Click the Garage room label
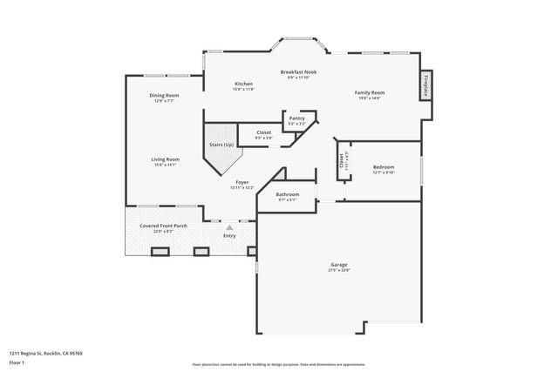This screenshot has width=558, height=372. (x=339, y=264)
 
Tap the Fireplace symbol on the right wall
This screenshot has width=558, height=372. (x=426, y=85)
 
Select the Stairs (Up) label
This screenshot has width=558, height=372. (x=221, y=145)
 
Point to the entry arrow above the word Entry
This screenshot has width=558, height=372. (x=230, y=227)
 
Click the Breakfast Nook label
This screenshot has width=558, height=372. (x=298, y=71)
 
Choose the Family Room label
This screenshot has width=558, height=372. (x=369, y=92)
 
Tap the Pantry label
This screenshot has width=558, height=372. (x=297, y=118)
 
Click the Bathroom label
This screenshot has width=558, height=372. (x=288, y=194)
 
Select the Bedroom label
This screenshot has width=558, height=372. (x=384, y=166)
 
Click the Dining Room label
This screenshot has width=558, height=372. (x=164, y=95)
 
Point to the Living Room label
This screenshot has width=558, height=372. (x=165, y=159)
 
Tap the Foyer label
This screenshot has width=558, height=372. (x=242, y=182)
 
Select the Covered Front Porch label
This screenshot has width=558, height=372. (x=163, y=226)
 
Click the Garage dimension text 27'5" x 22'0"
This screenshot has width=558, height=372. (x=339, y=270)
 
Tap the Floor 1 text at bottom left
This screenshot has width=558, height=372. (x=16, y=362)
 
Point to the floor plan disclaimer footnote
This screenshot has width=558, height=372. (x=278, y=364)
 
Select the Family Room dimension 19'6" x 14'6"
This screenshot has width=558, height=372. (x=369, y=98)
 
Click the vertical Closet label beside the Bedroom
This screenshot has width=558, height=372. (x=341, y=161)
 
